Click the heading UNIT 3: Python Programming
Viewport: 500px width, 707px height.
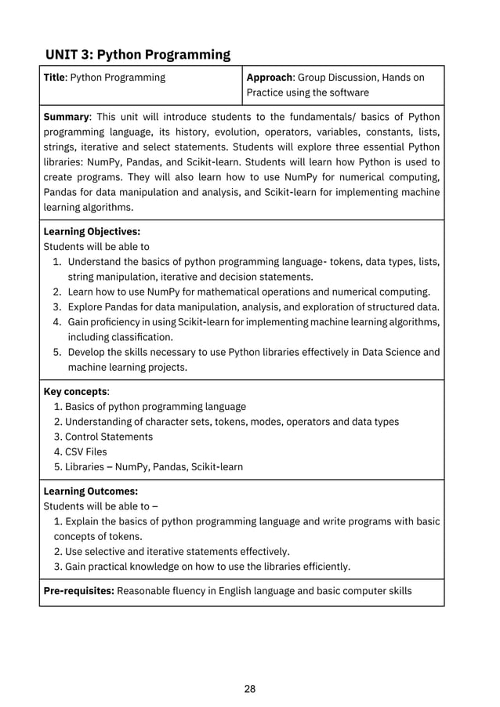pyautogui.click(x=138, y=54)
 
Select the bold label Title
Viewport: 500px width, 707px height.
pyautogui.click(x=54, y=78)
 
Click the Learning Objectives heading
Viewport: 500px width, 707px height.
pyautogui.click(x=92, y=231)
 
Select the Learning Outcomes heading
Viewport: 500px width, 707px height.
pyautogui.click(x=90, y=491)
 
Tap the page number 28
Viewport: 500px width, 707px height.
pyautogui.click(x=250, y=690)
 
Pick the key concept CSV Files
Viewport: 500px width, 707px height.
pyautogui.click(x=86, y=451)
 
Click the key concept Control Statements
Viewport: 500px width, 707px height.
pyautogui.click(x=109, y=437)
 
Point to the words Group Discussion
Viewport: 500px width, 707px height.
pyautogui.click(x=339, y=78)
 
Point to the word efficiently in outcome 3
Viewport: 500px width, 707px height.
pyautogui.click(x=322, y=567)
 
